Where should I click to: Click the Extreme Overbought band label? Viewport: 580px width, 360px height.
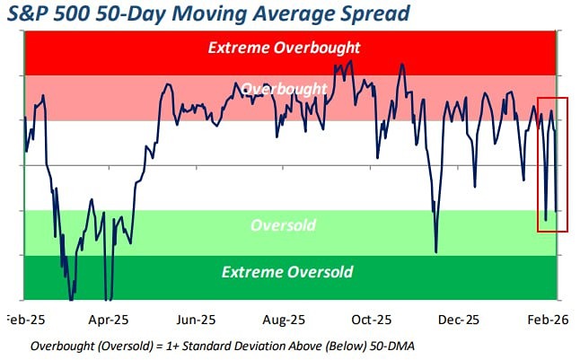point(284,47)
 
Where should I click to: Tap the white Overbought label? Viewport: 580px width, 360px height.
point(284,90)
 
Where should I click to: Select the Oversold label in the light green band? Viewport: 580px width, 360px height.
point(283,224)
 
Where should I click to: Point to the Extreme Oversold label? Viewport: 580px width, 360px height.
point(287,271)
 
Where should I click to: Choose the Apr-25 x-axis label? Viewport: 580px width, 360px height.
point(110,320)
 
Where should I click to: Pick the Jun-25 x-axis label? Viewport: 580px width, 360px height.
point(196,320)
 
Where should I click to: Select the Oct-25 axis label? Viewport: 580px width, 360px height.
point(372,320)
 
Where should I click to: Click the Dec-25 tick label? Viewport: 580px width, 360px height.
point(460,320)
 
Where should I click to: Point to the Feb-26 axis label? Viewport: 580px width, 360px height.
point(546,320)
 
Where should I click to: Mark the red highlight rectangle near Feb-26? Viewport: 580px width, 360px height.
point(552,163)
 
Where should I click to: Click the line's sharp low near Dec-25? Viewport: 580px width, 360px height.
point(436,251)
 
